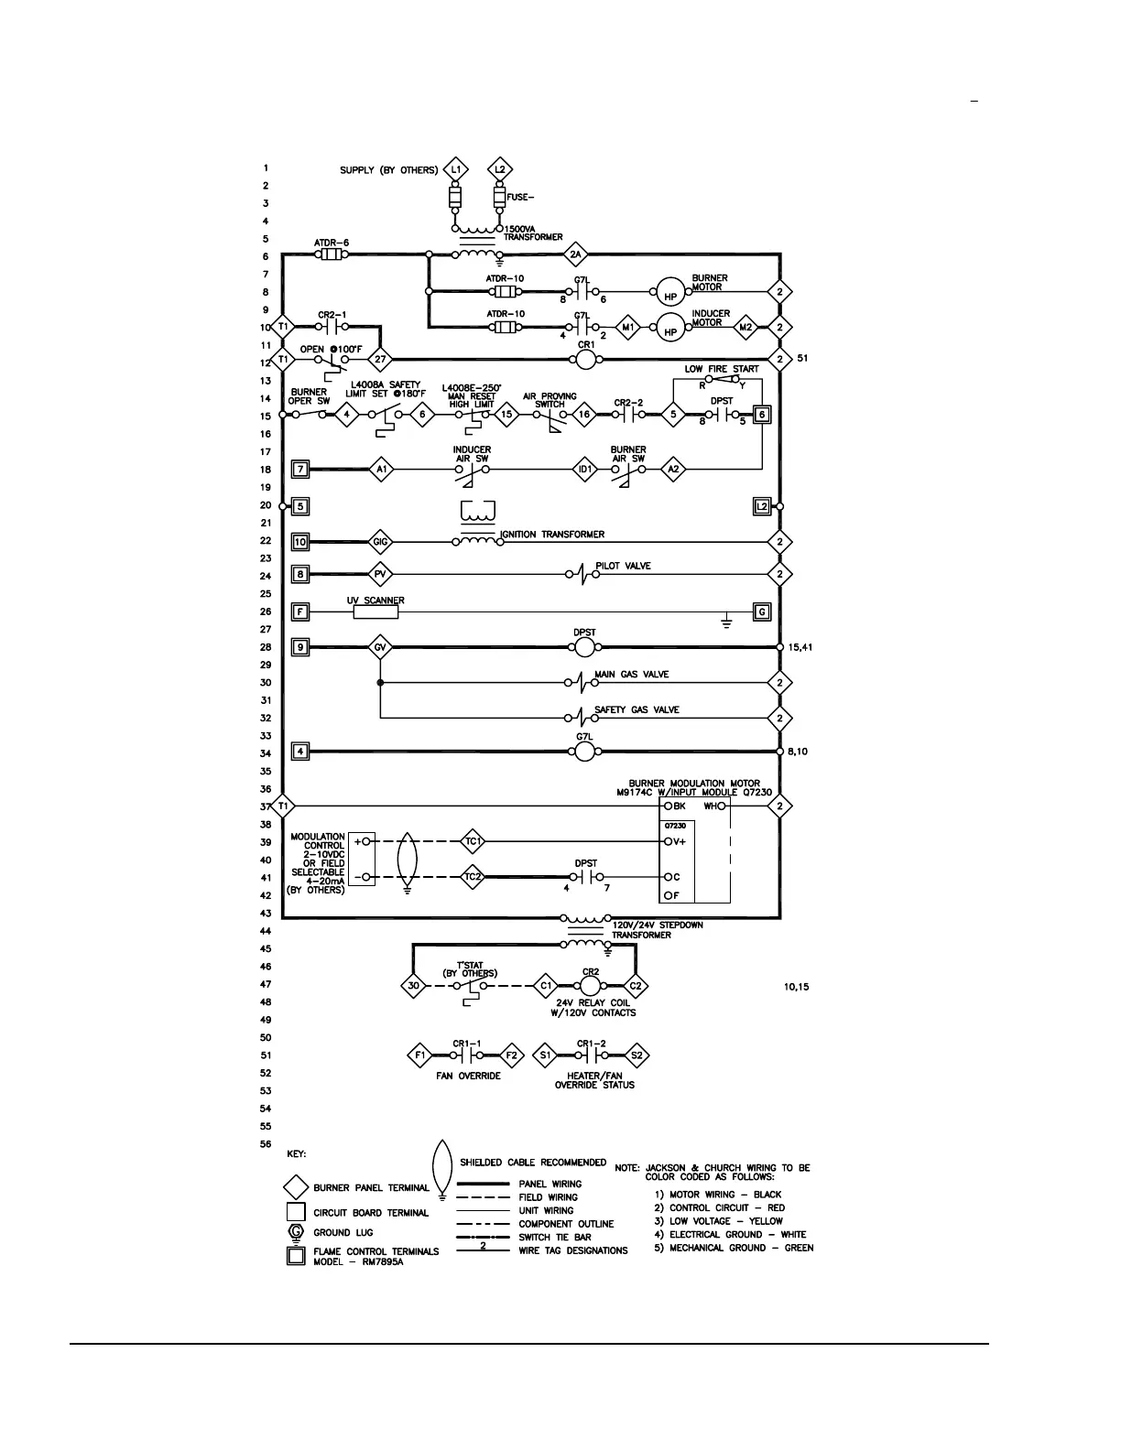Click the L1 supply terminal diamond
[455, 169]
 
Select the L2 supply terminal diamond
[499, 169]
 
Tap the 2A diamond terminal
[575, 254]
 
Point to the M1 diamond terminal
[628, 327]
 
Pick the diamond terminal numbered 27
[381, 360]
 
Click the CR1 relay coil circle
[585, 360]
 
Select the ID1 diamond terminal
[584, 470]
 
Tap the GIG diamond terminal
[381, 542]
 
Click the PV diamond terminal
[381, 575]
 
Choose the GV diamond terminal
[381, 648]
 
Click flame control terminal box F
[299, 611]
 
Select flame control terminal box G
[761, 611]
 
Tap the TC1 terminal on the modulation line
[473, 841]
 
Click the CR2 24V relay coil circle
[590, 985]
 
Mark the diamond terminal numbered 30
[413, 986]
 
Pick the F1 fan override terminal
[420, 1055]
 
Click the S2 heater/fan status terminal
[637, 1055]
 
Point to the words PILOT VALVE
[624, 566]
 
